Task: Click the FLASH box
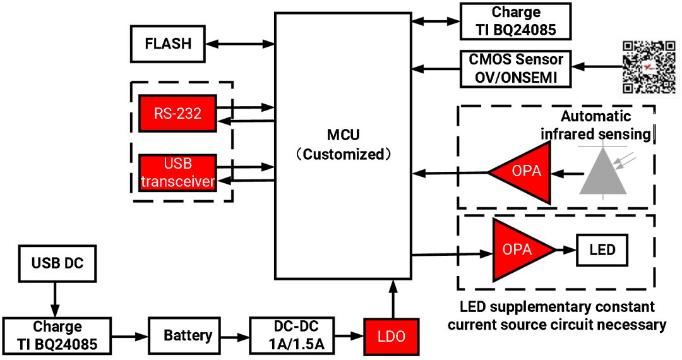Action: pos(168,44)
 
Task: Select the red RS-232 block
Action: pos(177,113)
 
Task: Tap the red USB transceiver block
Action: pos(177,172)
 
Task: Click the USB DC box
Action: pos(57,263)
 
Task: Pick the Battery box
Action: pos(188,335)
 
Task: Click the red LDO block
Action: pos(392,337)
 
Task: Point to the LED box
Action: pos(602,250)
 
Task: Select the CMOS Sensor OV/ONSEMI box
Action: pos(515,69)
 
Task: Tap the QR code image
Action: pos(649,66)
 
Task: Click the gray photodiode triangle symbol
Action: pos(603,171)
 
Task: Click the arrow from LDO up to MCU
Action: pos(393,299)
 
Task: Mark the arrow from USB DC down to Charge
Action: pos(55,299)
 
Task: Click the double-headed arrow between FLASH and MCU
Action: pos(240,44)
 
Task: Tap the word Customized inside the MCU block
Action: pos(344,154)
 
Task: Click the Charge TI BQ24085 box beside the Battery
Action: pos(57,335)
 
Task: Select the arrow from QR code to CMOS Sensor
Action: pos(595,66)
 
